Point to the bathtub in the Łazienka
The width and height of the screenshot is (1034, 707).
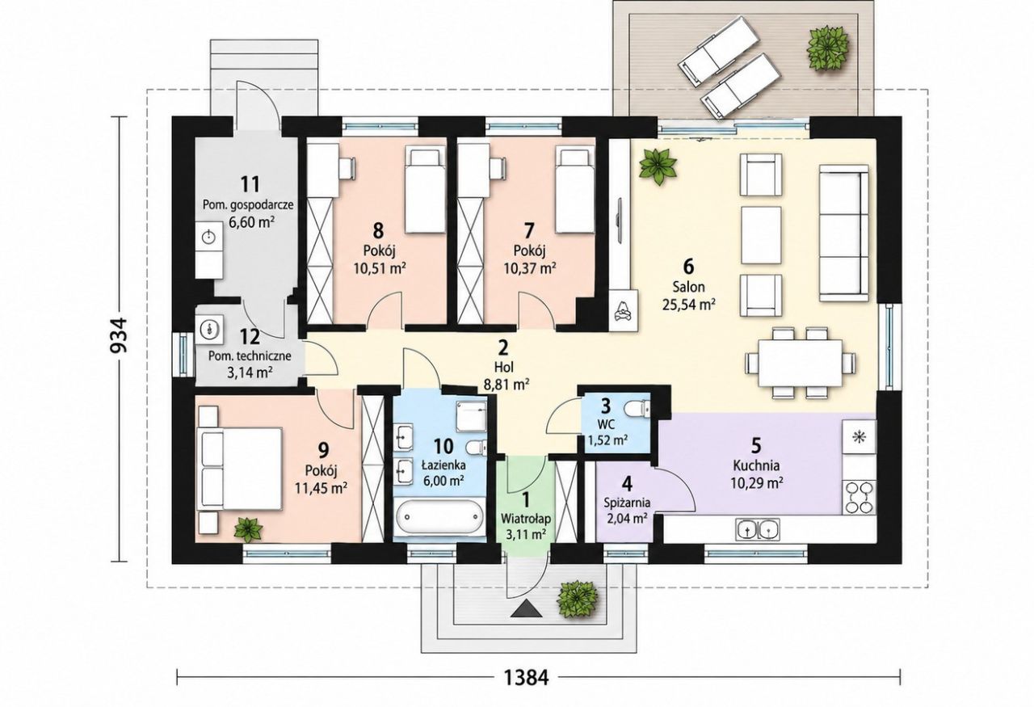[x=439, y=517]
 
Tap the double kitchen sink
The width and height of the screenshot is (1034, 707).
[x=757, y=528]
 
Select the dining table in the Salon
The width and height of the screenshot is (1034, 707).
[x=801, y=363]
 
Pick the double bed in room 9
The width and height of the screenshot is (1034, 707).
[x=241, y=469]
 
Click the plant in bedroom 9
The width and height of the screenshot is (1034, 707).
[x=249, y=528]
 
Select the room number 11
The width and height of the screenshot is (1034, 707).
[x=250, y=184]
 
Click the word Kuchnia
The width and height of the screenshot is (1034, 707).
[x=757, y=465]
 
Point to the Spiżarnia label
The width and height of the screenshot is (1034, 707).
[x=626, y=503]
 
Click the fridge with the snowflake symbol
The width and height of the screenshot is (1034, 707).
[x=859, y=436]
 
